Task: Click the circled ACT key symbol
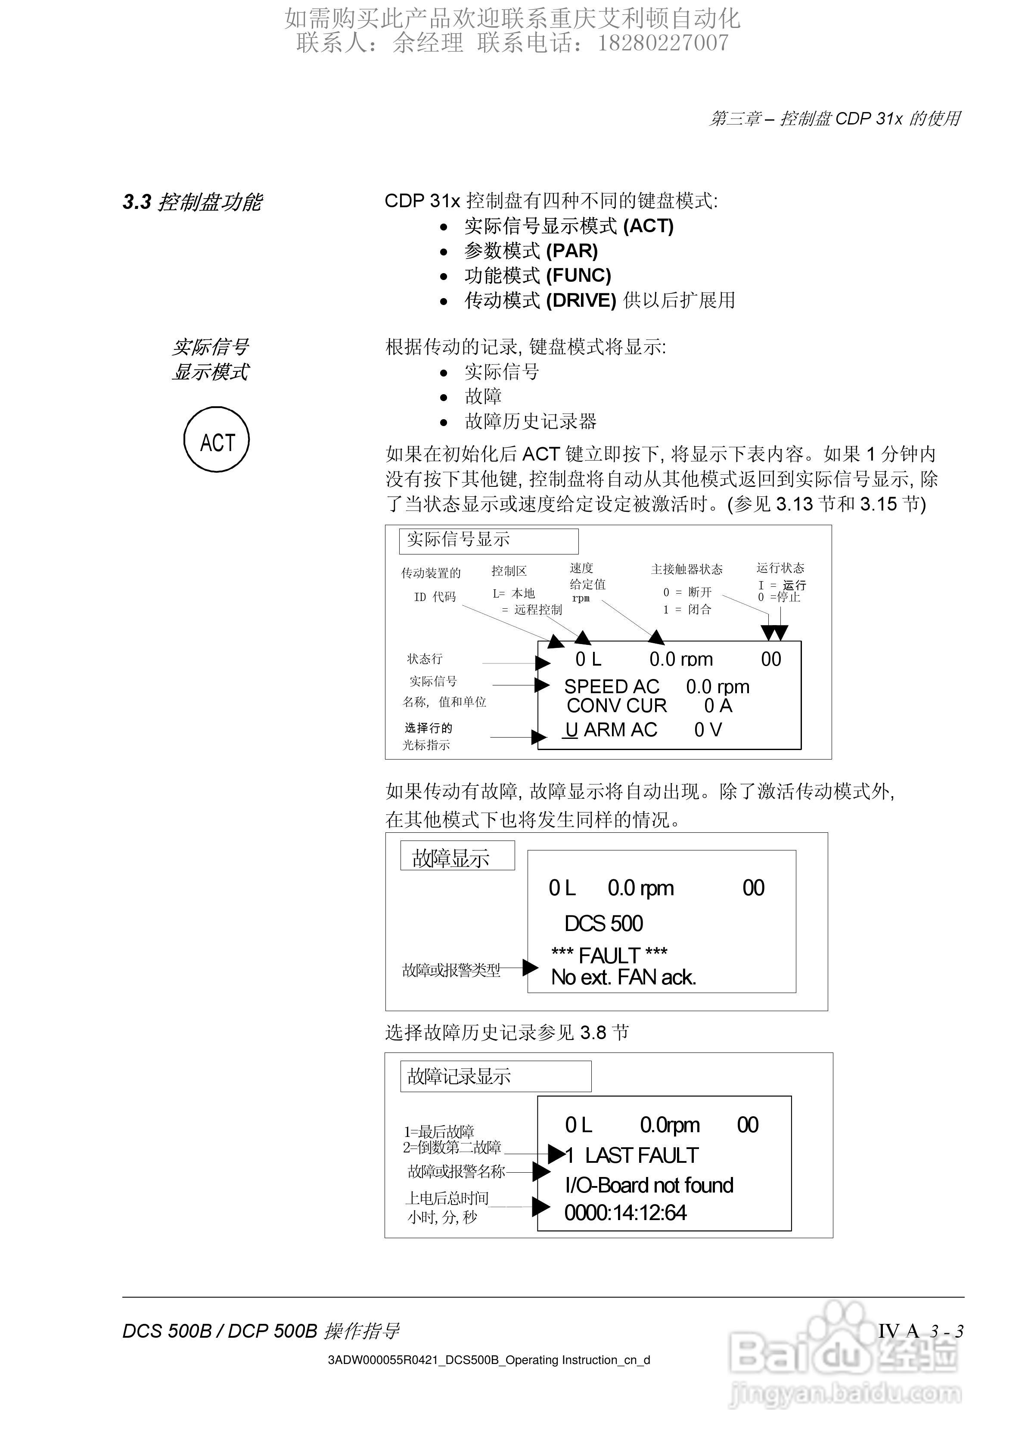pyautogui.click(x=217, y=440)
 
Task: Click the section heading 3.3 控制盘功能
pyautogui.click(x=192, y=202)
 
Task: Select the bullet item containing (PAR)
pyautogui.click(x=531, y=251)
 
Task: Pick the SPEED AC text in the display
pyautogui.click(x=611, y=686)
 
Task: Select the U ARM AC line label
pyautogui.click(x=611, y=730)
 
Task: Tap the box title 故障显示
pyautogui.click(x=450, y=858)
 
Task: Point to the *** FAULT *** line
pyautogui.click(x=609, y=955)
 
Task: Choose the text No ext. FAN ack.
pyautogui.click(x=624, y=977)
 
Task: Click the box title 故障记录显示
pyautogui.click(x=459, y=1076)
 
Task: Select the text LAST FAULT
pyautogui.click(x=641, y=1155)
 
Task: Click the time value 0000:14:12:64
pyautogui.click(x=625, y=1212)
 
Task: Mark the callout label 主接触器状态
pyautogui.click(x=687, y=570)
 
